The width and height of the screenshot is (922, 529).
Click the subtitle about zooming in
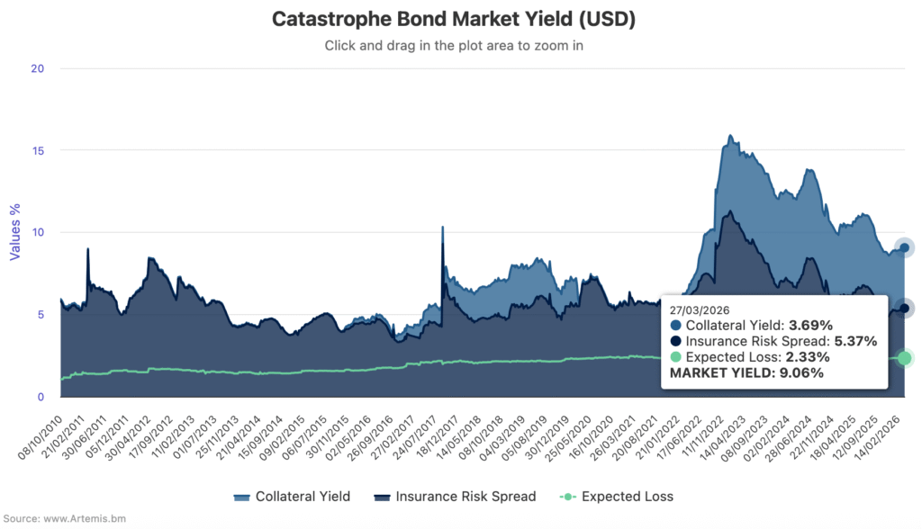click(460, 45)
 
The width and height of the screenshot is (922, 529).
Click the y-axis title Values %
click(14, 232)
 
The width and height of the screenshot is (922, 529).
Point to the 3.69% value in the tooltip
click(811, 325)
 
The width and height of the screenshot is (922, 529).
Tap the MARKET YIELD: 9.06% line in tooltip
click(747, 373)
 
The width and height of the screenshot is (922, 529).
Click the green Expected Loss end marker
click(905, 358)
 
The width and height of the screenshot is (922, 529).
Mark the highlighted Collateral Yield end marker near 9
click(905, 247)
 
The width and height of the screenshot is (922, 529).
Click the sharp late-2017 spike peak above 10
click(442, 228)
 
